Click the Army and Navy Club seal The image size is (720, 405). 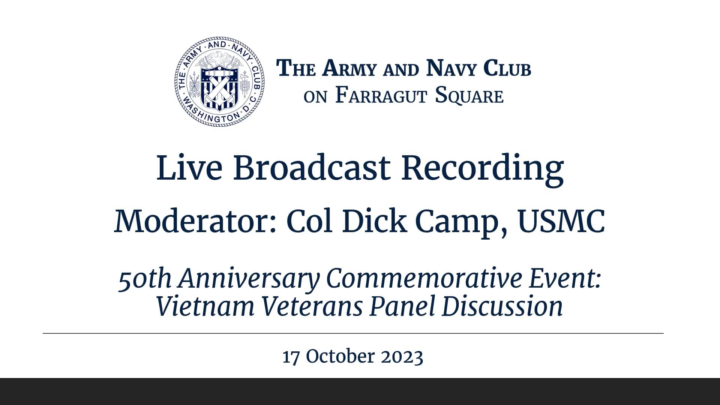click(220, 81)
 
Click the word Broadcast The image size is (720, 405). click(312, 168)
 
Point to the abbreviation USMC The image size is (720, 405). click(561, 221)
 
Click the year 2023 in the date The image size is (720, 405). click(402, 356)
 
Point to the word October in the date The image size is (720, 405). click(340, 356)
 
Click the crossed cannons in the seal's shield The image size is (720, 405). click(219, 88)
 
